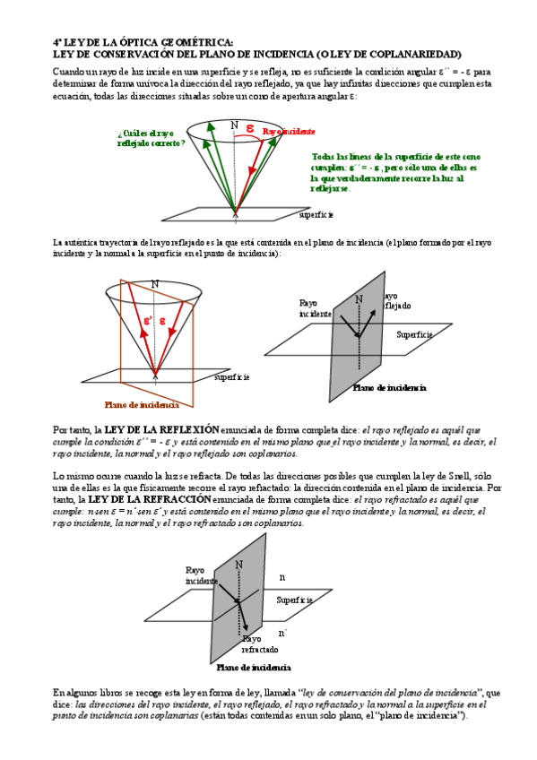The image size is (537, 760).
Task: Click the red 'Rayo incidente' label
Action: coord(289,132)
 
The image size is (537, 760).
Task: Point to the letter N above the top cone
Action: coord(234,125)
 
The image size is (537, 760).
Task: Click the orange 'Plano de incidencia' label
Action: coord(142,405)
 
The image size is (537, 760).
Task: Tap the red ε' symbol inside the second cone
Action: coord(149,320)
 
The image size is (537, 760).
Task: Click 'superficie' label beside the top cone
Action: coord(316,215)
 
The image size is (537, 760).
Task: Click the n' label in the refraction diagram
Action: coord(282,633)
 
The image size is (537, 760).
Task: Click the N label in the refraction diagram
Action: coord(238,564)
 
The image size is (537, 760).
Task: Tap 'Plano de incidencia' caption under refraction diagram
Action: coord(254,668)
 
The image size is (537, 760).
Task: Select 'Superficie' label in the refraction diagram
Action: coord(294,599)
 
